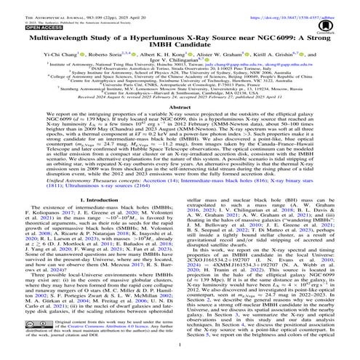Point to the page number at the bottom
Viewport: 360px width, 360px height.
coord(180,354)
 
